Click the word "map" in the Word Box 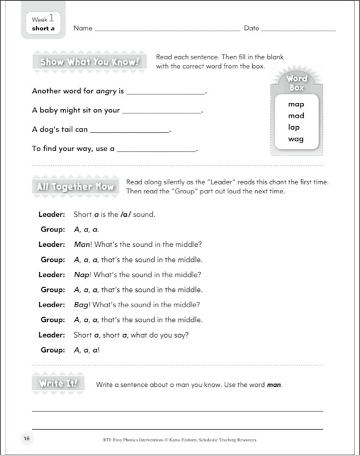[296, 104]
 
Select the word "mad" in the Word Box [296, 116]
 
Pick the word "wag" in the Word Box [296, 139]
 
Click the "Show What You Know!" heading [89, 62]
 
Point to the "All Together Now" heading [76, 187]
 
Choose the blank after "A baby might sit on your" [162, 112]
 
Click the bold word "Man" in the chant [81, 244]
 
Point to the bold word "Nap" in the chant [81, 275]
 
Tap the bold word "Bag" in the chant [81, 305]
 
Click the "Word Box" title [296, 83]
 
